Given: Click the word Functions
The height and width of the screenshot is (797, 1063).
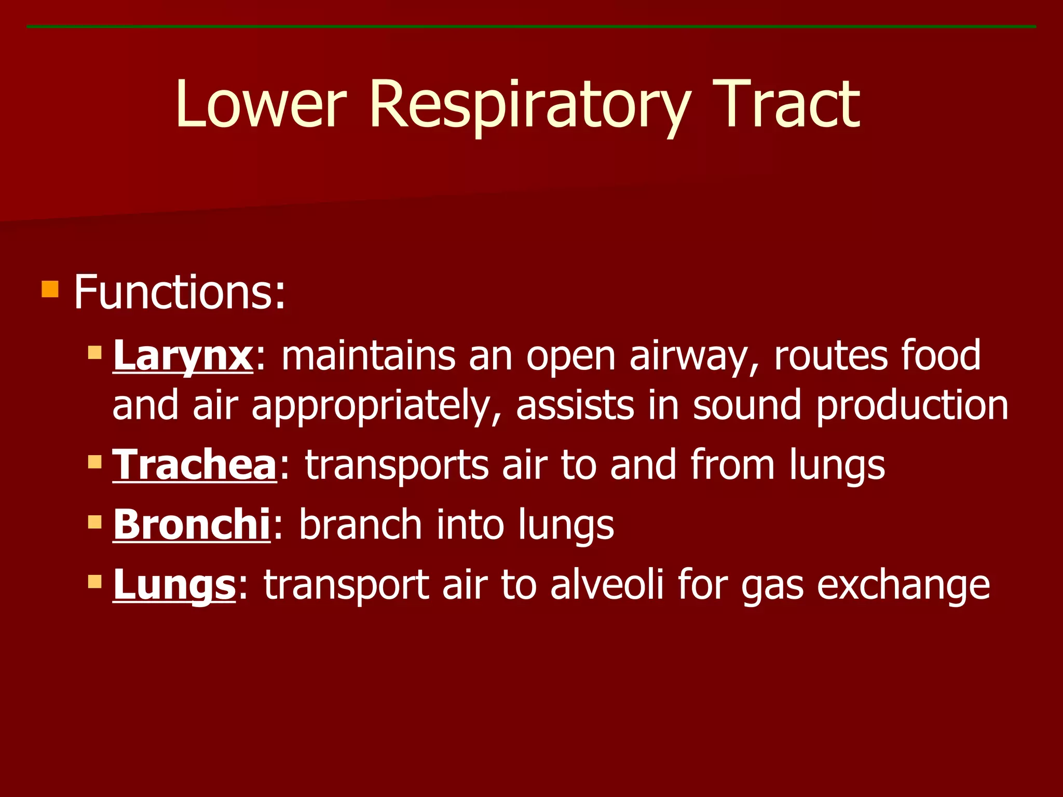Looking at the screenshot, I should coord(179,293).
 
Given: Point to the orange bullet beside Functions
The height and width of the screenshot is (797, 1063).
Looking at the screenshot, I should coord(50,289).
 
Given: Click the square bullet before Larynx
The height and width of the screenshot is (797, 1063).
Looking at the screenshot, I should coord(95,353).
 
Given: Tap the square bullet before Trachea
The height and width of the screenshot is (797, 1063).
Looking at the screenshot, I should coord(95,461).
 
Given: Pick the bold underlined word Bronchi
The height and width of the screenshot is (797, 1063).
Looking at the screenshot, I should coord(192,525).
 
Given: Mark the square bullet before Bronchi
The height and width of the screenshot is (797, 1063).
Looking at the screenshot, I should coord(95,521).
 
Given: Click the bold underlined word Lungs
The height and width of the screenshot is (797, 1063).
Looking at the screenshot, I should coord(174,585).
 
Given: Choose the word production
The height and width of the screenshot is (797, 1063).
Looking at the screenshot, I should coord(912,406).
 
